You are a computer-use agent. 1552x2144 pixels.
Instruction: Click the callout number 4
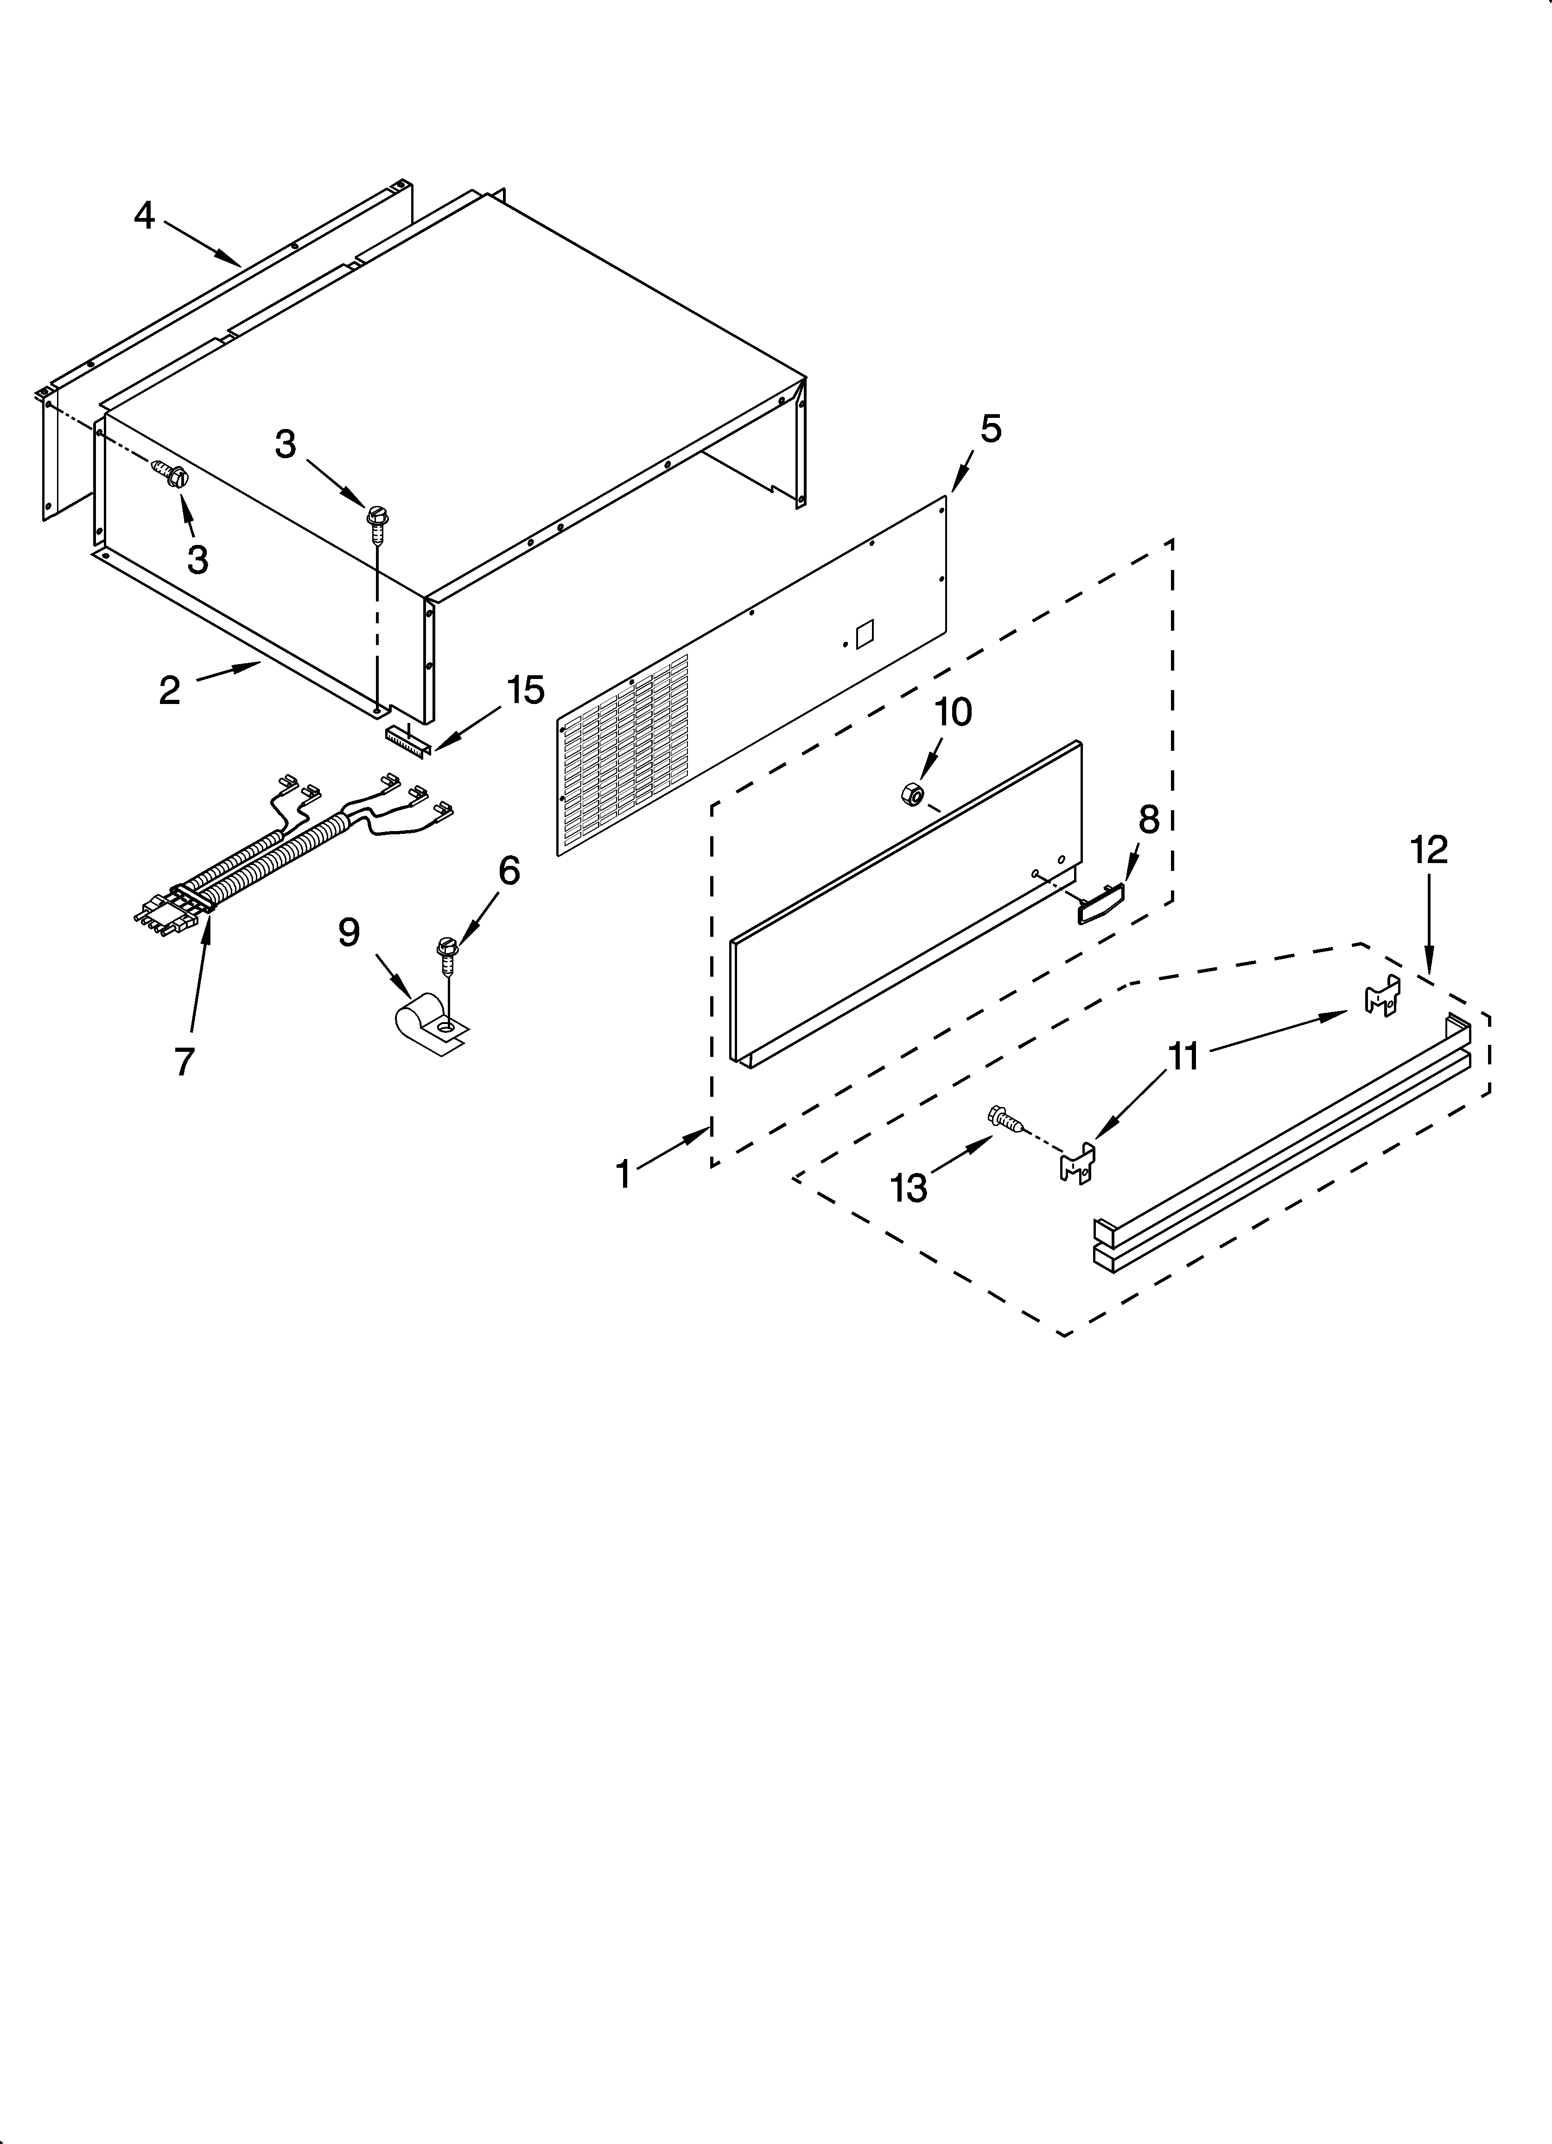(144, 217)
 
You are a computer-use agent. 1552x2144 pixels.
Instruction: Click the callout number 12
(1429, 850)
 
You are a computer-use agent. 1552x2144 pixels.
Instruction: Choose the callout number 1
(623, 1174)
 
